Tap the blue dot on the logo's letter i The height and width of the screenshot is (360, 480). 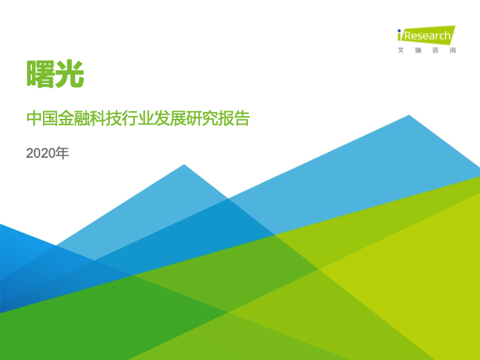399,31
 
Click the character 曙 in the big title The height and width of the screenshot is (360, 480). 41,74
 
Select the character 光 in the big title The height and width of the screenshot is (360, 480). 70,74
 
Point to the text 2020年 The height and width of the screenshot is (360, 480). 47,153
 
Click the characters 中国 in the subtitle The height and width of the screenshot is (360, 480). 42,118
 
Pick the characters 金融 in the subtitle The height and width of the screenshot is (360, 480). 74,118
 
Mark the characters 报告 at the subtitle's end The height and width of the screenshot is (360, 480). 234,118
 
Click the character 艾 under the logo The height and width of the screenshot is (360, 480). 401,50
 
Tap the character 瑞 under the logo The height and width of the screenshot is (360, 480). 418,50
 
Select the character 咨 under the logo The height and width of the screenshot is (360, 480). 436,50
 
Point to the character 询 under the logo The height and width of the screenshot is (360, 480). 453,50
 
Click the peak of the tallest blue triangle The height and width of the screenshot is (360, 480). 409,115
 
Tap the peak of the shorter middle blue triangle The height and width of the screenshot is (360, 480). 184,165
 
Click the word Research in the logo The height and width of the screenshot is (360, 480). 427,36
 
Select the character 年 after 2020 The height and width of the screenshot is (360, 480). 63,153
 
